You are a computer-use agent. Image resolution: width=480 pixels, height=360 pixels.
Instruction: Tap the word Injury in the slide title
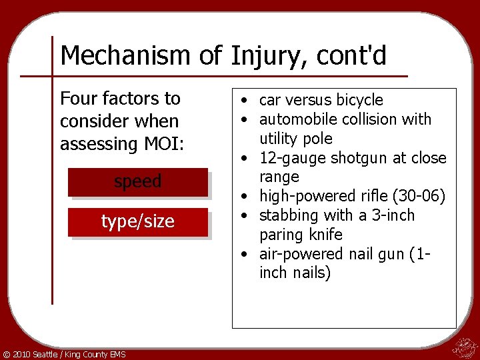pyautogui.click(x=261, y=56)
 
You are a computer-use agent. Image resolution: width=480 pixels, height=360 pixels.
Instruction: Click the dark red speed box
pyautogui.click(x=138, y=182)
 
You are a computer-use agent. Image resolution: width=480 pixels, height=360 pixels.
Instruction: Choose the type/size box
pyautogui.click(x=138, y=222)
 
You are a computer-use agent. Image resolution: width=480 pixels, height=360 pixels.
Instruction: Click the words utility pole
pyautogui.click(x=296, y=139)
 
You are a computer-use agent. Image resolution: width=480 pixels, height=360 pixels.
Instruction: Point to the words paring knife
pyautogui.click(x=301, y=235)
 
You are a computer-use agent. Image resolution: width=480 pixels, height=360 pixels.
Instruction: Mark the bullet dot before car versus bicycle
pyautogui.click(x=246, y=101)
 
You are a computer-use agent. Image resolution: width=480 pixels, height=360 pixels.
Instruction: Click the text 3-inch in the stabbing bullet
pyautogui.click(x=393, y=215)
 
